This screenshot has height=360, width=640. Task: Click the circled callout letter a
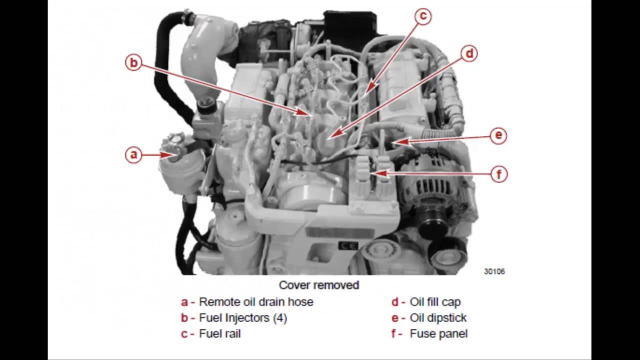pos(133,154)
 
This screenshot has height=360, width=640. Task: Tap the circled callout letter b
pos(133,62)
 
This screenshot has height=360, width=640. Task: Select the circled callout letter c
pos(423,16)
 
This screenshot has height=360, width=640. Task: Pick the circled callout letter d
pos(469,53)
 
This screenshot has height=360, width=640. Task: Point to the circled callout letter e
pos(498,135)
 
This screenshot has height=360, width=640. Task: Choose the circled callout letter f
pos(498,174)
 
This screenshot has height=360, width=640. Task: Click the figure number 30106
pos(494,271)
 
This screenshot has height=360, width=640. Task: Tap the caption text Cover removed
pos(319,285)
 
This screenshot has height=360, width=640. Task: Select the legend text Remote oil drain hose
pos(256,301)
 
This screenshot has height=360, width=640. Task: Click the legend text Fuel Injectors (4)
pos(243,317)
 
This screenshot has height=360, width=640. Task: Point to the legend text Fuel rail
pos(219,333)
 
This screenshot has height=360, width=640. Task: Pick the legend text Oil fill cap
pos(435,301)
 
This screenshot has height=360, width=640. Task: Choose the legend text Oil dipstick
pos(438,317)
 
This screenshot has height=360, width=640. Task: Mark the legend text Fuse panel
pos(438,333)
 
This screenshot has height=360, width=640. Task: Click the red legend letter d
pos(395,301)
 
